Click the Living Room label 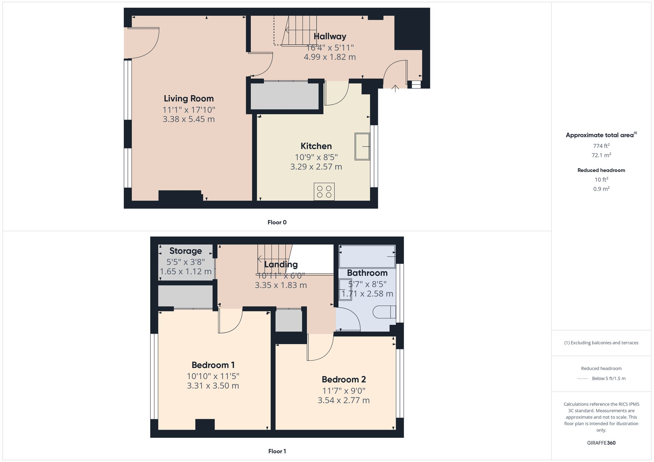(189, 98)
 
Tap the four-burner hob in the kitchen (324, 192)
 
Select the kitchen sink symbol (362, 147)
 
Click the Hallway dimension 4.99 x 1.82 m (330, 57)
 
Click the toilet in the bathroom (384, 312)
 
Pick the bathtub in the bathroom (367, 257)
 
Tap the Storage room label (185, 251)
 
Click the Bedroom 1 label (213, 365)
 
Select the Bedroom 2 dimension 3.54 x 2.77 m (343, 400)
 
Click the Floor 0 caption (277, 222)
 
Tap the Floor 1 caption (277, 451)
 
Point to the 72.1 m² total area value (601, 155)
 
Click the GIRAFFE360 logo (601, 443)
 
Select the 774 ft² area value (601, 146)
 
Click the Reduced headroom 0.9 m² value (601, 189)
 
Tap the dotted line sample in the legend (583, 379)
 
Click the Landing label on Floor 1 (281, 264)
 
